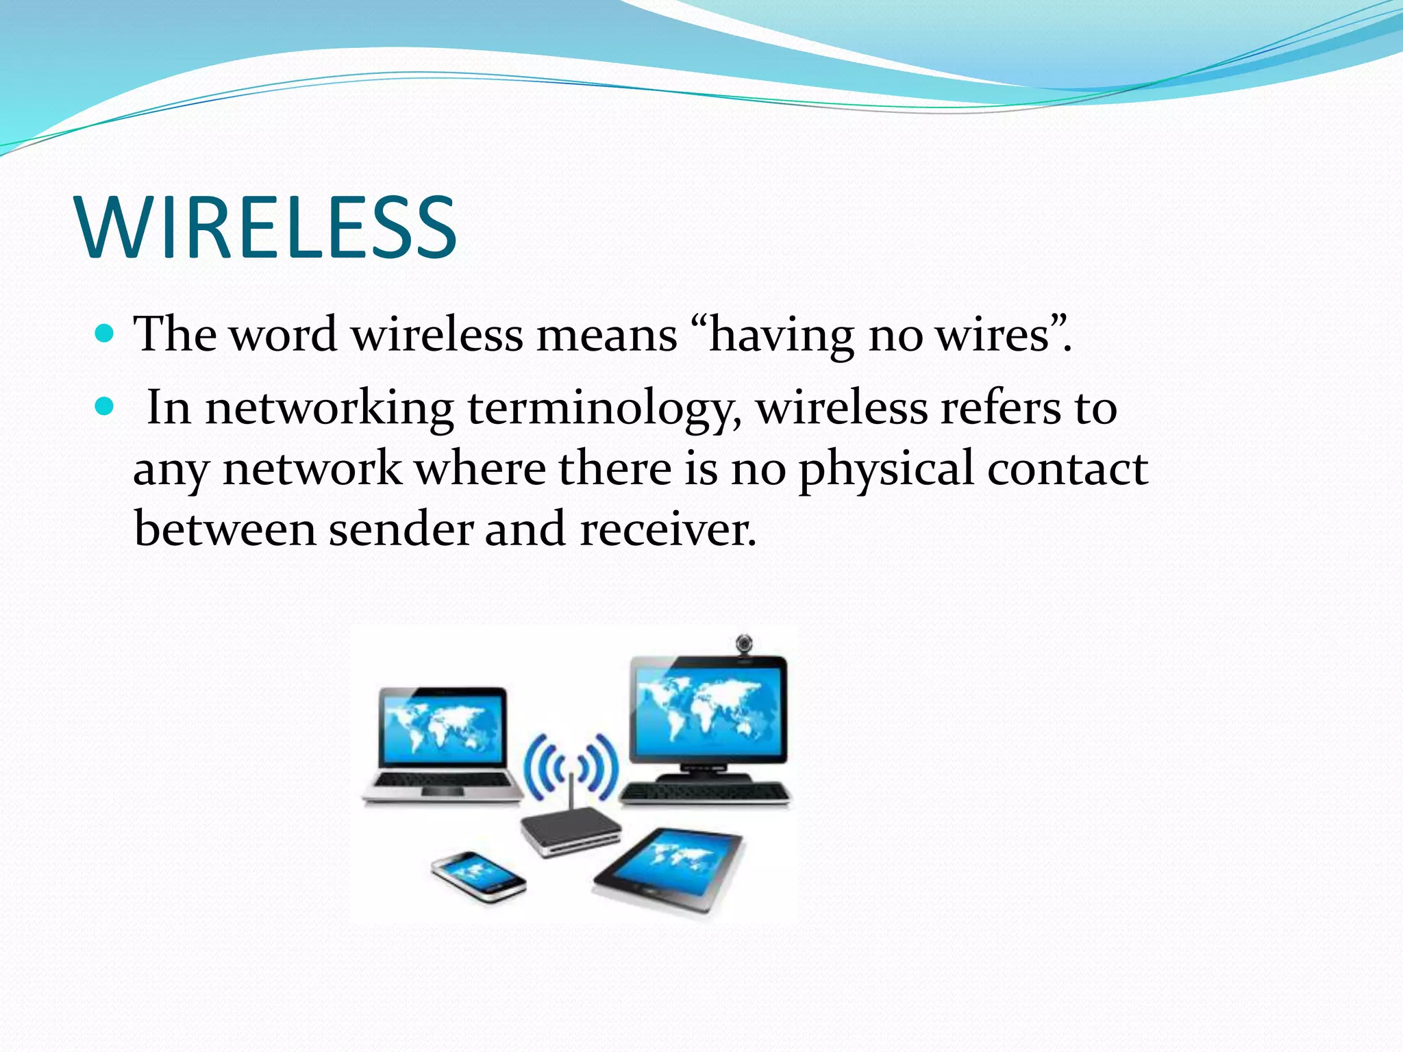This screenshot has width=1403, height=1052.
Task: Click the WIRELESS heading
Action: [267, 227]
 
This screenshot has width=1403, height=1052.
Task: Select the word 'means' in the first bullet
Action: [606, 336]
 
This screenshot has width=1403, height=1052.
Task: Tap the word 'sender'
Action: [401, 530]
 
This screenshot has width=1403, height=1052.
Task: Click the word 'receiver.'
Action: [668, 530]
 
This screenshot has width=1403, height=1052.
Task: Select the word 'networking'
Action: [329, 409]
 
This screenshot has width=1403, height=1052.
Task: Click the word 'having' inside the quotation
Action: [781, 336]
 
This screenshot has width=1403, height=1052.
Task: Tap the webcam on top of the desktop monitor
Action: [744, 644]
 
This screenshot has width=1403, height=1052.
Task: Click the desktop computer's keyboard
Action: [706, 793]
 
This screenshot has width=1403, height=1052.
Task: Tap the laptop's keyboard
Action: [442, 781]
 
